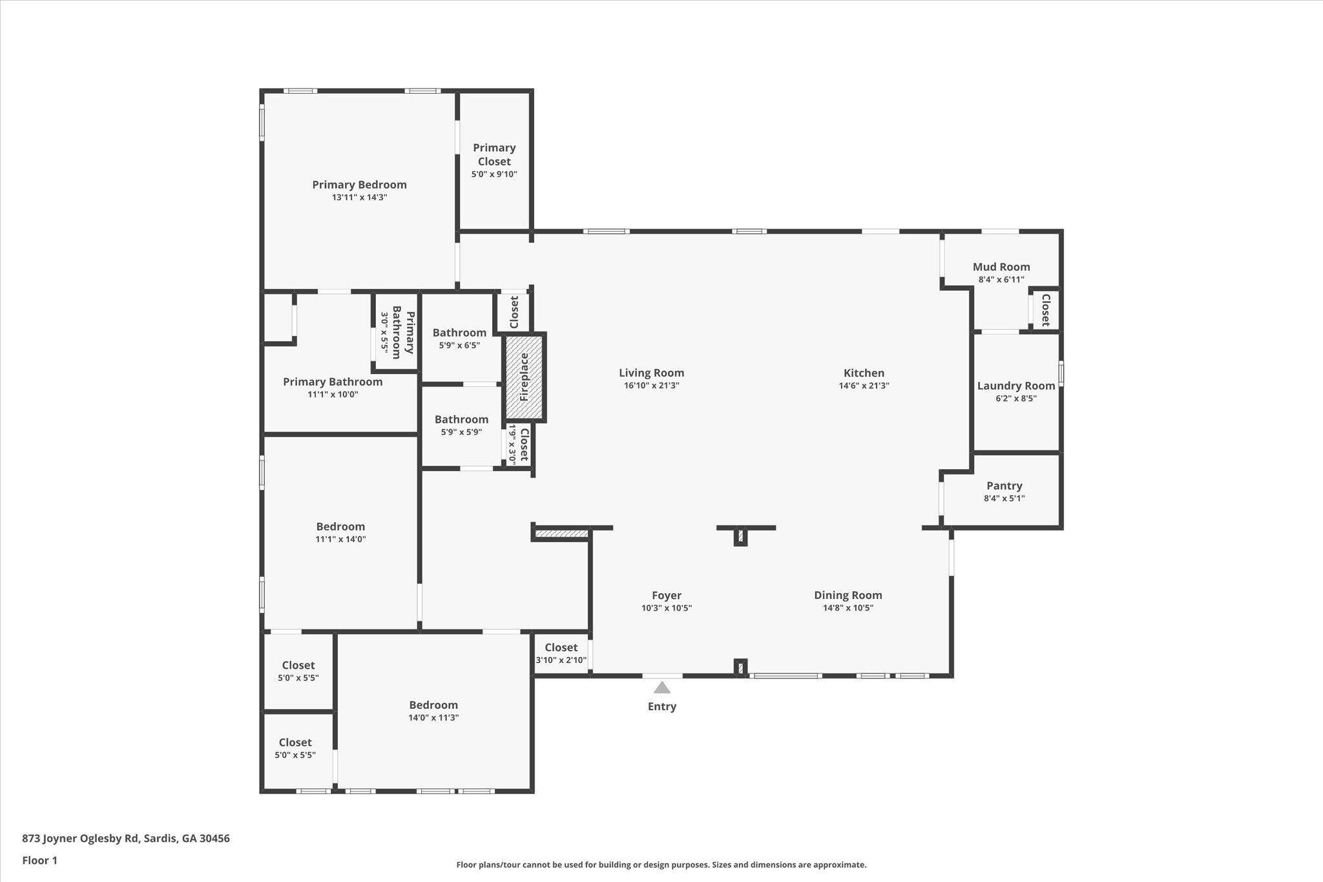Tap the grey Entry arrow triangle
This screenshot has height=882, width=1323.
pyautogui.click(x=661, y=687)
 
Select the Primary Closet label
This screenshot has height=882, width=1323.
pyautogui.click(x=494, y=154)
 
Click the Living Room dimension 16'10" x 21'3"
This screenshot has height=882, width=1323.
pyautogui.click(x=651, y=386)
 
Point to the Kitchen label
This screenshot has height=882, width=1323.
pyautogui.click(x=864, y=373)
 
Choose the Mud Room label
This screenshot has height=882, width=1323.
pyautogui.click(x=1001, y=267)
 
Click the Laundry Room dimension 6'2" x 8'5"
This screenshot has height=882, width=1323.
pyautogui.click(x=1016, y=399)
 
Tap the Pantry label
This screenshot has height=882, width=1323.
pyautogui.click(x=1004, y=486)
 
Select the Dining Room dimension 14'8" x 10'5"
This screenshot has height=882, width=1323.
pyautogui.click(x=848, y=608)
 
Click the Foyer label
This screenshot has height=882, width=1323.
pyautogui.click(x=666, y=596)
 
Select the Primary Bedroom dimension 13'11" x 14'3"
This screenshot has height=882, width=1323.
pyautogui.click(x=359, y=198)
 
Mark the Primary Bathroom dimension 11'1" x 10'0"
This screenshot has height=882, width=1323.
pyautogui.click(x=333, y=394)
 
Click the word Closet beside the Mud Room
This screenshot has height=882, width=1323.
pyautogui.click(x=1045, y=310)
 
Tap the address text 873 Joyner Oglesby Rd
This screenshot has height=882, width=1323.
pyautogui.click(x=81, y=839)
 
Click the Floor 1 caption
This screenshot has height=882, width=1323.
pyautogui.click(x=39, y=861)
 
